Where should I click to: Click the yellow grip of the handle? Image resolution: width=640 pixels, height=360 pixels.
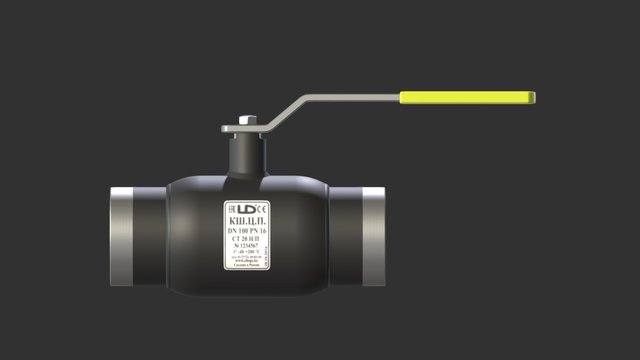click(x=467, y=98)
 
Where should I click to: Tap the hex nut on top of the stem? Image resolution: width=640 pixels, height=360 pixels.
click(x=247, y=122)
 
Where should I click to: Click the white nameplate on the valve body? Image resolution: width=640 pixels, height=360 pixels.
click(x=247, y=236)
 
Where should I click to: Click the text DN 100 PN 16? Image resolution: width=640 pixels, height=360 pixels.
click(x=247, y=231)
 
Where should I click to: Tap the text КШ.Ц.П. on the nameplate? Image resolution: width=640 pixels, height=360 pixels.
click(x=247, y=220)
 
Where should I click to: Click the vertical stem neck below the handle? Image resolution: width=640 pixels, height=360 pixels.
click(x=246, y=155)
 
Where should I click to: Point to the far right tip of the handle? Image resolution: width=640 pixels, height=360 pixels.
click(x=534, y=98)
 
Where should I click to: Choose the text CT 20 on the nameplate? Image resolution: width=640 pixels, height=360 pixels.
click(x=247, y=239)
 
